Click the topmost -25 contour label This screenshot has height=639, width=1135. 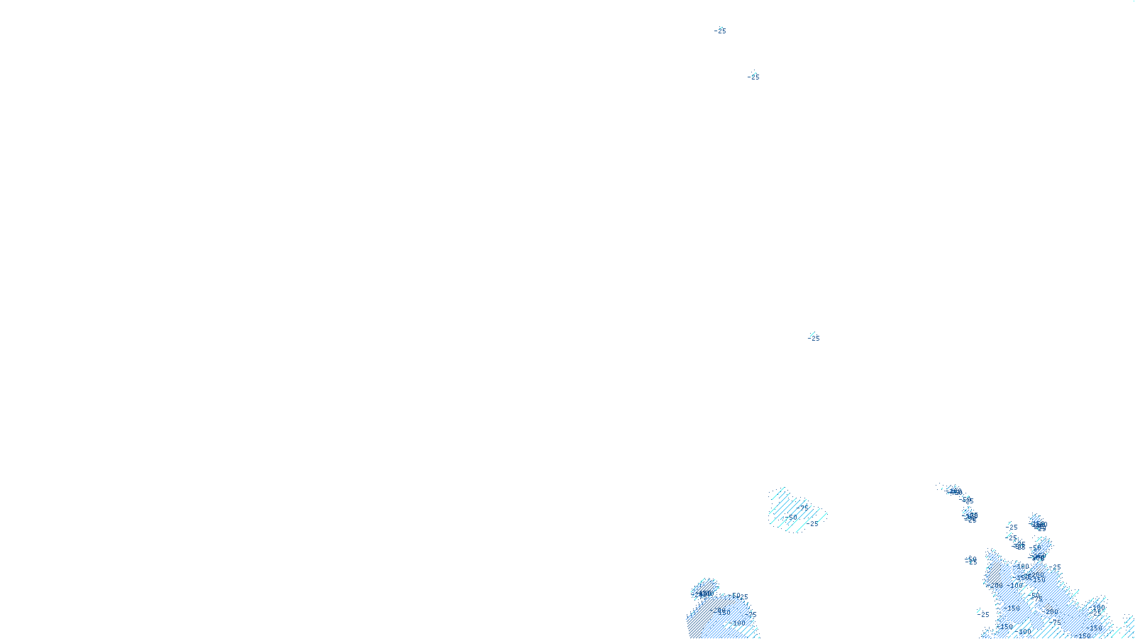tap(721, 31)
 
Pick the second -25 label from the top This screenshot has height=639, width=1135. tap(753, 77)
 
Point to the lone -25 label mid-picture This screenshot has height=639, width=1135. tap(814, 338)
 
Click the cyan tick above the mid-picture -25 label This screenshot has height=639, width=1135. tap(812, 333)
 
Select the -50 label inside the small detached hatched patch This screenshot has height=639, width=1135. tap(792, 518)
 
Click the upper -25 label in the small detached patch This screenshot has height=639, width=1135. tap(803, 506)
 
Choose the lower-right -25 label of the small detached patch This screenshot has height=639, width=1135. tap(814, 524)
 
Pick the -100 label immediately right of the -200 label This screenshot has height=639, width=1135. tap(1016, 586)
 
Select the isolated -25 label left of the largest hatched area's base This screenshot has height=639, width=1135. tap(984, 614)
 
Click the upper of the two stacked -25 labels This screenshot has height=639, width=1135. tap(1012, 528)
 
